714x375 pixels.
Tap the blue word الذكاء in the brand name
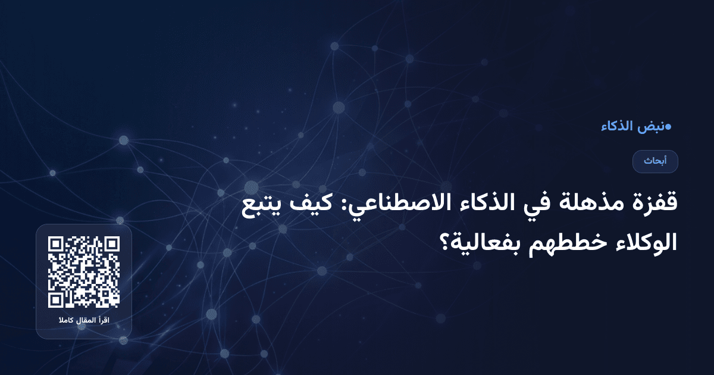click(618, 126)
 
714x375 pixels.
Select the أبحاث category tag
click(655, 161)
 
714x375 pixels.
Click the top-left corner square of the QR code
click(57, 245)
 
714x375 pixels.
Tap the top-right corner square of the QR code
click(111, 245)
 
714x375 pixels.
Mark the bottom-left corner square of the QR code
click(57, 299)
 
